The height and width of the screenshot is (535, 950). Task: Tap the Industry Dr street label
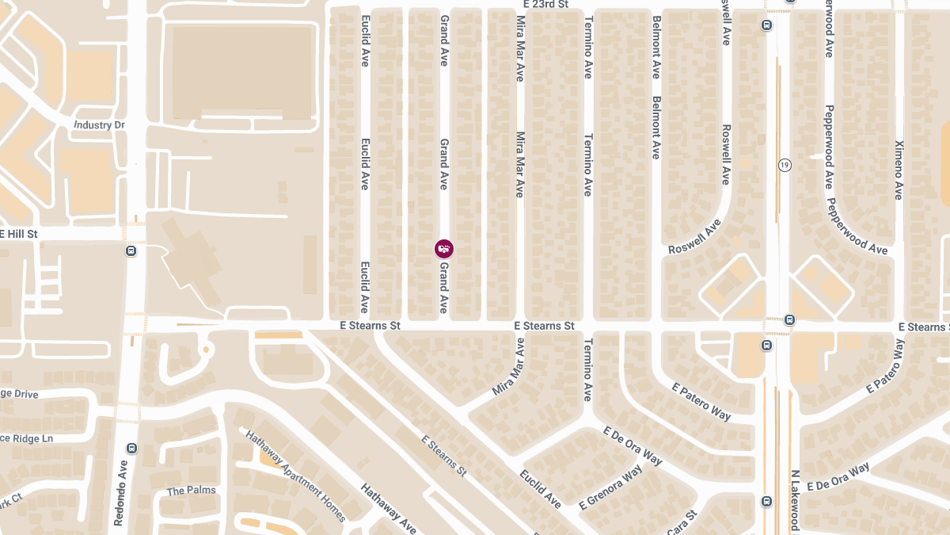coord(99,125)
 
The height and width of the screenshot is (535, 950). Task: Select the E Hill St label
coord(19,235)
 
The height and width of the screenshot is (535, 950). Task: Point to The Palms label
coord(191,491)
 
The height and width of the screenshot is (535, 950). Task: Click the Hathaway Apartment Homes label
coord(294,476)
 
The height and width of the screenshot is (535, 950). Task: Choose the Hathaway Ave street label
coord(388,508)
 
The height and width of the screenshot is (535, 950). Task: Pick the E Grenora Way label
coord(610,487)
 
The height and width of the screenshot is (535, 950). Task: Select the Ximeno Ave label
coord(899,170)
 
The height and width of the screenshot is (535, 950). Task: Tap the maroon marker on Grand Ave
coord(444,249)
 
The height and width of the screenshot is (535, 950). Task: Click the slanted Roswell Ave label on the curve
coord(694,237)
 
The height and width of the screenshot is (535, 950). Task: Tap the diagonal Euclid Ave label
coord(540,488)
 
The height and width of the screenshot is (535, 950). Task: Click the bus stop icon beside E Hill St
coord(131,251)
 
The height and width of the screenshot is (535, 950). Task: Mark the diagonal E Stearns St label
coord(443,456)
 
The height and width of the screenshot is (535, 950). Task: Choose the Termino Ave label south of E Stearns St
coord(587,369)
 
